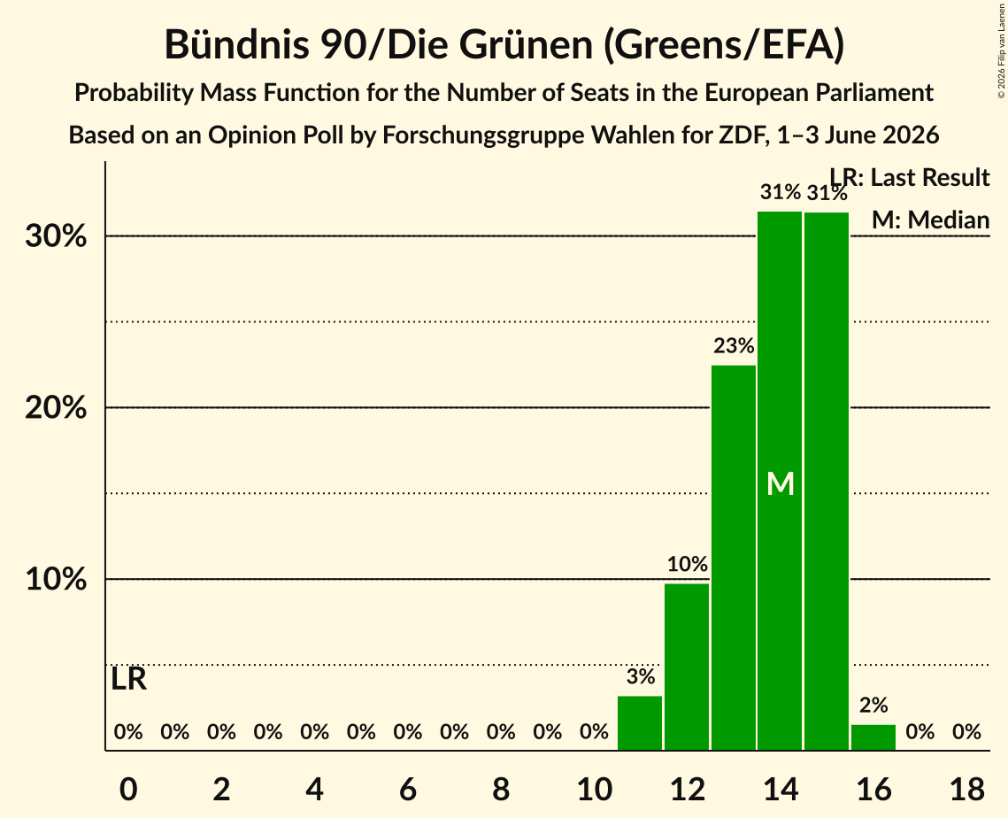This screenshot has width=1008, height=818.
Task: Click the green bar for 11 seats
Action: pyautogui.click(x=640, y=722)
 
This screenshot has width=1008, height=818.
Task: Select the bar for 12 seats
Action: pyautogui.click(x=687, y=667)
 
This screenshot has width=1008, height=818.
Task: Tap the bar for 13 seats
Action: pyautogui.click(x=734, y=558)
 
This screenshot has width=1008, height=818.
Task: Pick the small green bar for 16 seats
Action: pyautogui.click(x=873, y=737)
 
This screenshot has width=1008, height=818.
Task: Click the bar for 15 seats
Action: pyautogui.click(x=827, y=481)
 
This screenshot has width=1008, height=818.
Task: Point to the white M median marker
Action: pyautogui.click(x=781, y=483)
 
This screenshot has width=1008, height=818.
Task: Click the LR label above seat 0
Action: pyautogui.click(x=128, y=679)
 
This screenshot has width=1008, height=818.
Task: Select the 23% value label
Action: pyautogui.click(x=734, y=346)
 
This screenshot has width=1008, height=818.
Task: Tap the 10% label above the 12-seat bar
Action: pyautogui.click(x=688, y=564)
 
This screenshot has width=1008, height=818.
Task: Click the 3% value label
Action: pyautogui.click(x=640, y=676)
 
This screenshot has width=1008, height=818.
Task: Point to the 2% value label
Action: pyautogui.click(x=873, y=706)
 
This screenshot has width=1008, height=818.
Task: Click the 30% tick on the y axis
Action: pyautogui.click(x=56, y=236)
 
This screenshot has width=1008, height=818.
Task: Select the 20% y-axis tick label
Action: pyautogui.click(x=56, y=408)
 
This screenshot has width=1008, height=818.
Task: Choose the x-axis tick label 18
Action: pyautogui.click(x=967, y=789)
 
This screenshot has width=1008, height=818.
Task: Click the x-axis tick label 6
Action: pyautogui.click(x=408, y=789)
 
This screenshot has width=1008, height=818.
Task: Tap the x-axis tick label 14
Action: pyautogui.click(x=781, y=789)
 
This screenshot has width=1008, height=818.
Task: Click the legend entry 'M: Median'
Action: pyautogui.click(x=930, y=220)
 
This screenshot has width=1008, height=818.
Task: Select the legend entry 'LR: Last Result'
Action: pyautogui.click(x=910, y=177)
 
